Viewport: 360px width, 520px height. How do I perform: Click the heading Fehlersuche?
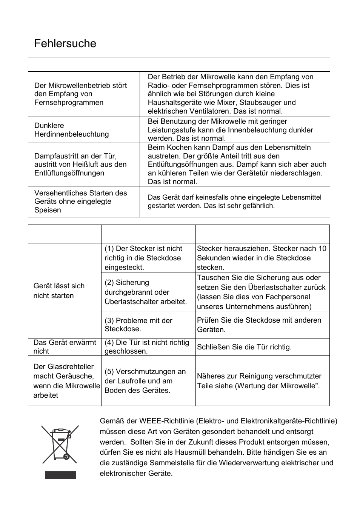(65, 44)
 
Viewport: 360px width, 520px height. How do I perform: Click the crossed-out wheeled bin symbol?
(60, 444)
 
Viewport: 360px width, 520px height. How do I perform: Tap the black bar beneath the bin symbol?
(60, 475)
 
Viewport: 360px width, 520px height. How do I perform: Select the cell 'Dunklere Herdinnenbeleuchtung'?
(71, 130)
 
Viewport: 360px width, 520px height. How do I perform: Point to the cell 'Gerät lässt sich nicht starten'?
(59, 291)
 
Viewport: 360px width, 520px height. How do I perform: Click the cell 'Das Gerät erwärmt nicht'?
(65, 347)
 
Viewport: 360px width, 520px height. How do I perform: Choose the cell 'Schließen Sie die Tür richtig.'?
(244, 347)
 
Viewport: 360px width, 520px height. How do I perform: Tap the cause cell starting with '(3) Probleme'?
(138, 325)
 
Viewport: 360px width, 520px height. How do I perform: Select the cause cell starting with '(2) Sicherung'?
(146, 292)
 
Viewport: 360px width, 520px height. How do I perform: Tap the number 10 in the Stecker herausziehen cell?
(322, 248)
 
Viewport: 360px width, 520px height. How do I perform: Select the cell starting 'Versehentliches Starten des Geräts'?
(80, 202)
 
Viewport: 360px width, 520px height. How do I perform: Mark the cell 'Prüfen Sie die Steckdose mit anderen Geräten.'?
(259, 325)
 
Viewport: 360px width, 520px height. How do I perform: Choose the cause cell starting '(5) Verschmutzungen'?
(145, 381)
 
